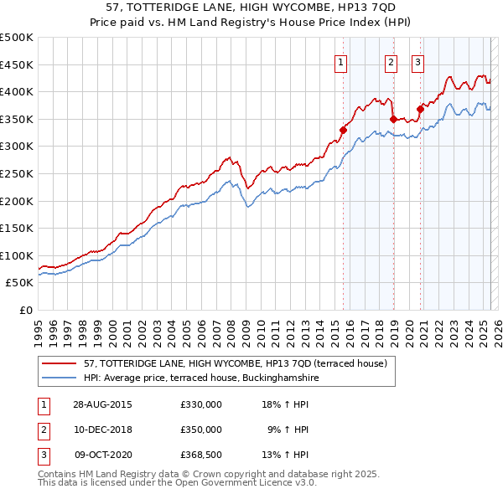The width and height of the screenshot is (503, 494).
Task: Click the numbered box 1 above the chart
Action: point(341,60)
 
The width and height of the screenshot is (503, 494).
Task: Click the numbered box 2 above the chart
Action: point(391,60)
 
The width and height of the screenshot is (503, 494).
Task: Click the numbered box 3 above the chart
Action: point(417,60)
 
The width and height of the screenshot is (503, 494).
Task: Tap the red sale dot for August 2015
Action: point(343,130)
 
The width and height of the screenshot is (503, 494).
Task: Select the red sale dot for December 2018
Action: point(393,119)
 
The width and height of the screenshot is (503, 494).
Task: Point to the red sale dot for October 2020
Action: point(420,109)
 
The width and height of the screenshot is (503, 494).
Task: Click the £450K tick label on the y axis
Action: point(17,65)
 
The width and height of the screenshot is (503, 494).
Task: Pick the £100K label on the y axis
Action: point(17,256)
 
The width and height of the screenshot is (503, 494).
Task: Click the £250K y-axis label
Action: point(17,174)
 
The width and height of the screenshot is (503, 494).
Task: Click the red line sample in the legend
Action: point(59,364)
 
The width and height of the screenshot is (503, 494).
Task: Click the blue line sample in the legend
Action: point(59,378)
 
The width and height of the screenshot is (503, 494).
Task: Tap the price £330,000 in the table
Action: point(201,404)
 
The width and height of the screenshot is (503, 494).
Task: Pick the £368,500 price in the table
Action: point(201,455)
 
